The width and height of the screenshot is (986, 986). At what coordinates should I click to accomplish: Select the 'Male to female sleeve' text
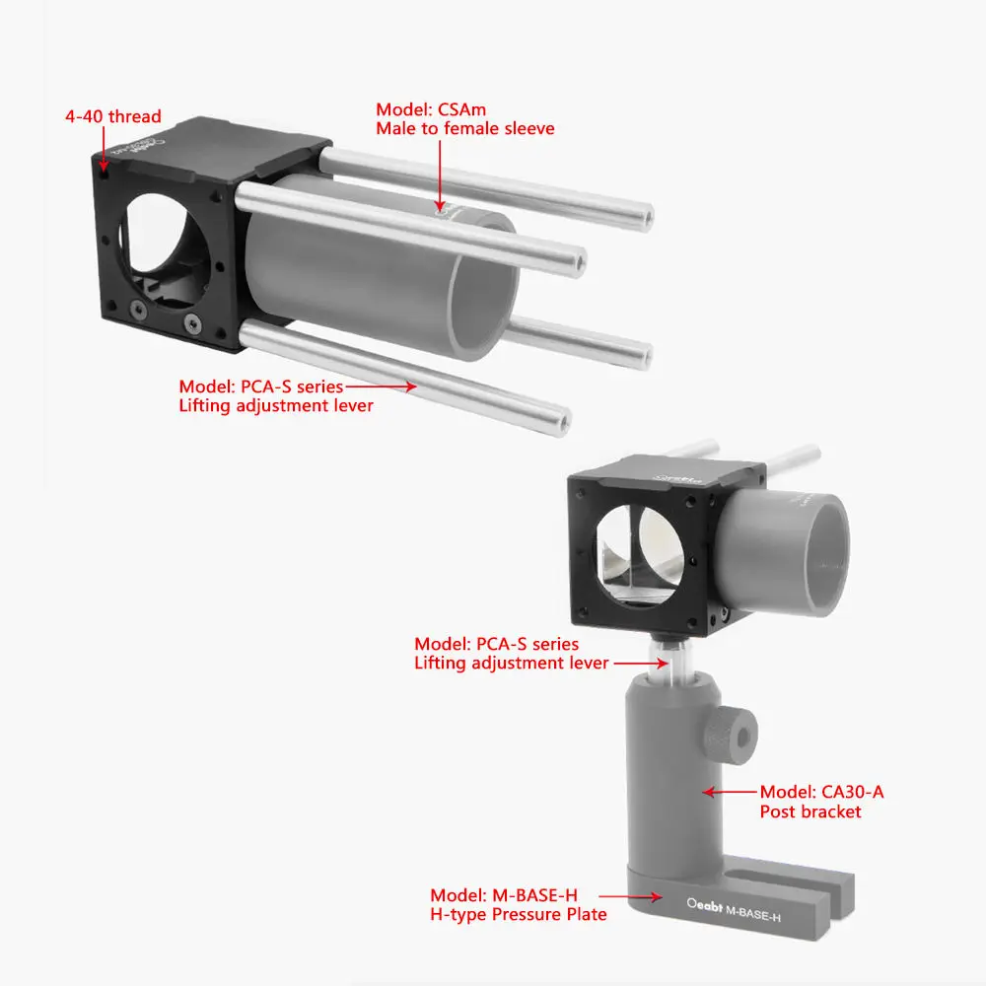coord(465,128)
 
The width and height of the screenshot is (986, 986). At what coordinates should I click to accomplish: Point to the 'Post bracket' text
coord(810,811)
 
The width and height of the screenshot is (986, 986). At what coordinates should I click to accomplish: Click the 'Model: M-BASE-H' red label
coord(503,895)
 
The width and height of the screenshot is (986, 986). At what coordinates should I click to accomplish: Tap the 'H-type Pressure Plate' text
coord(518,915)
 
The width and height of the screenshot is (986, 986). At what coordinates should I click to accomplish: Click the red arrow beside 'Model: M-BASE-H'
coord(630,896)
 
